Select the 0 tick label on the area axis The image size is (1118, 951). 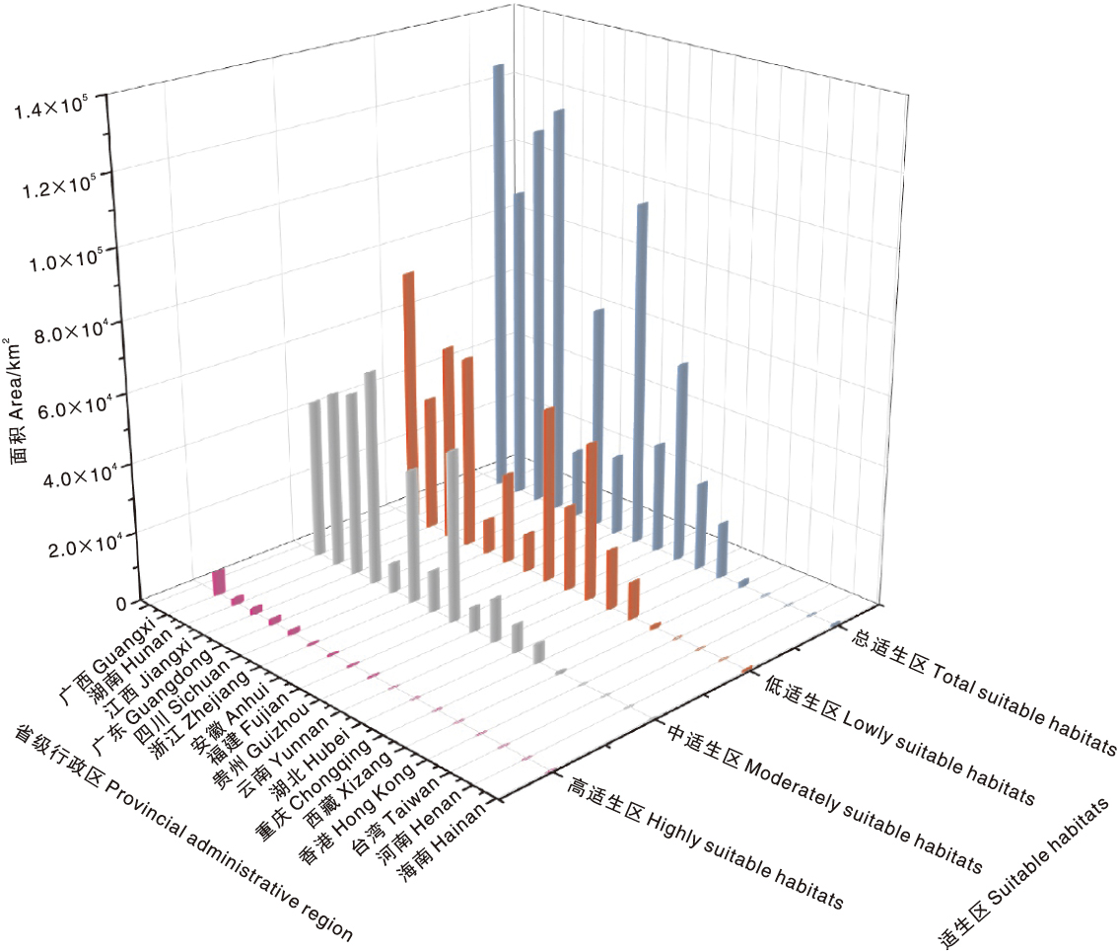coord(122,603)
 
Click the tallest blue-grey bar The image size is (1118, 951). coord(498,276)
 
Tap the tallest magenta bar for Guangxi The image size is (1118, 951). coord(219,582)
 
